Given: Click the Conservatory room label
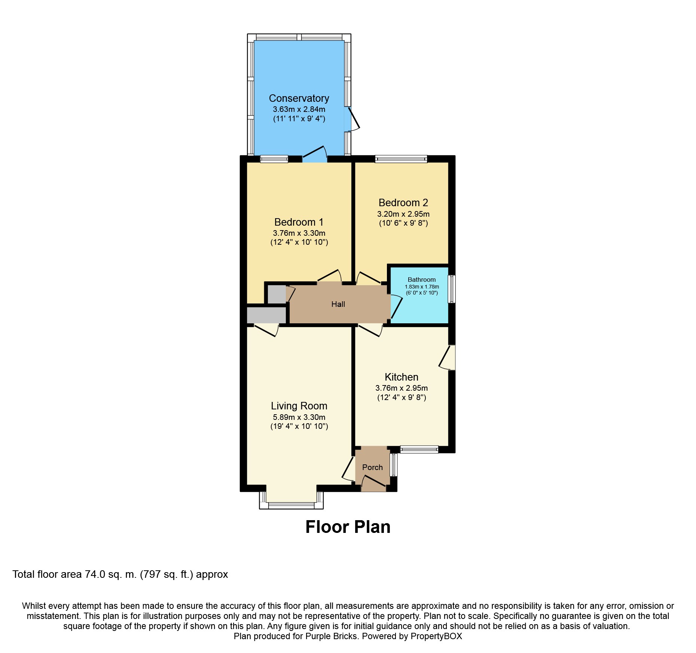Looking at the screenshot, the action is [299, 98].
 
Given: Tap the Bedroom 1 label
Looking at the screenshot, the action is [299, 222].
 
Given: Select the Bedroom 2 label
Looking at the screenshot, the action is [403, 203].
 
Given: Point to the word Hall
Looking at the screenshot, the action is [338, 304].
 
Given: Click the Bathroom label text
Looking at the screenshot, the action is [422, 280].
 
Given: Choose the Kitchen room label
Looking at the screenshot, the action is [402, 377].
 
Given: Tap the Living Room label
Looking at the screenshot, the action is [299, 406].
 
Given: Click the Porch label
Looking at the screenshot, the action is [372, 467].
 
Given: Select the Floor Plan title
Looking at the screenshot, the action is [348, 527].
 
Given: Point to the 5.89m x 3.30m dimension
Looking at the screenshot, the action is [299, 417].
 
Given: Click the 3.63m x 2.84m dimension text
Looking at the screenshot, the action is [299, 109].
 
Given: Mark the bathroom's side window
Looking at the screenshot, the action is [452, 289].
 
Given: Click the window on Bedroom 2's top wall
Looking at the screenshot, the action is [401, 159].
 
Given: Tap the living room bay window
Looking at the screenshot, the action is [291, 500].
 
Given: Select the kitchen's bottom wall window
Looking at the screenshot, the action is [419, 449].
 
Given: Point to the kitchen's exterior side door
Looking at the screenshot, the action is [448, 357].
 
